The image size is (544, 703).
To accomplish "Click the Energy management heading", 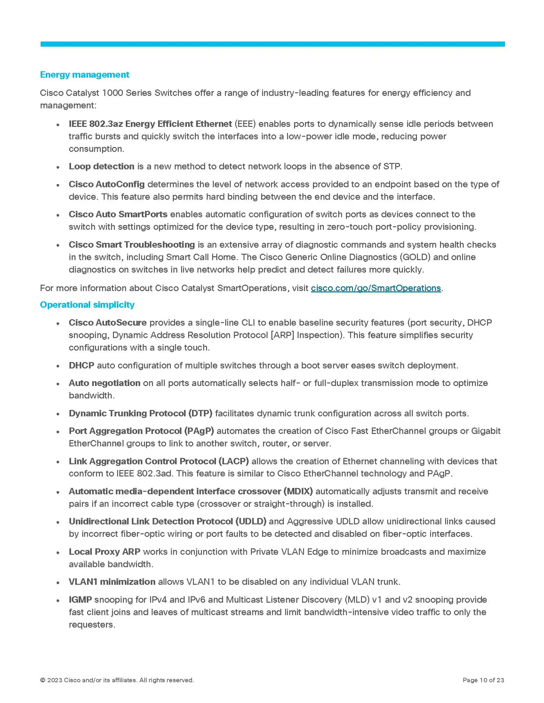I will pos(84,75).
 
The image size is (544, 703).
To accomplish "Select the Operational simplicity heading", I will pos(87,305).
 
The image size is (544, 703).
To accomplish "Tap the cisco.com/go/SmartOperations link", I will pos(376,288).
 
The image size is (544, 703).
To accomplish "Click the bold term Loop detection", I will pos(101,166).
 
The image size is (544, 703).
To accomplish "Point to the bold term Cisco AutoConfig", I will pos(107,184).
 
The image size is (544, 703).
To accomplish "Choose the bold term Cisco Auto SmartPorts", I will pos(118,214).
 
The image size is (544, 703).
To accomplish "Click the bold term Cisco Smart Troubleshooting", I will pos(132,245).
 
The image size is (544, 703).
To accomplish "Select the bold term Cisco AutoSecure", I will pos(108,322).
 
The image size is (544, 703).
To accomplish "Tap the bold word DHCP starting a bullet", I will pos(82,366).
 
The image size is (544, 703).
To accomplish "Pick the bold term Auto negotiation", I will pos(104,383).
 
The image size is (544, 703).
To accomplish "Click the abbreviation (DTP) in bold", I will pos(200,413).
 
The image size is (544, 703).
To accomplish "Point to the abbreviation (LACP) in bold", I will pos(234,461).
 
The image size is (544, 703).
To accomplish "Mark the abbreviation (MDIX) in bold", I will pos(298,491).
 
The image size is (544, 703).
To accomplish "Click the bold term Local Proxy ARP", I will pos(104,552).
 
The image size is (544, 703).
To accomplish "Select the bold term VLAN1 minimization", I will pos(112,582).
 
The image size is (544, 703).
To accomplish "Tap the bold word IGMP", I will pos(80,600).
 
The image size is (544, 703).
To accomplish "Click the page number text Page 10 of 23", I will pos(483,680).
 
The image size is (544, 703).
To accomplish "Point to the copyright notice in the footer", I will pos(117,680).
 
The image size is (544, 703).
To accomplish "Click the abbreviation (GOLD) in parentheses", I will pos(414,257).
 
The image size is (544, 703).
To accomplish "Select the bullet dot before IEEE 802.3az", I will pos(58,125).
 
